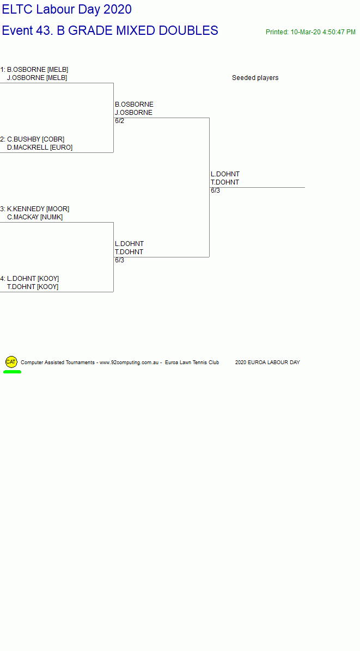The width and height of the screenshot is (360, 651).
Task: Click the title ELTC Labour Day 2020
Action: pos(67,10)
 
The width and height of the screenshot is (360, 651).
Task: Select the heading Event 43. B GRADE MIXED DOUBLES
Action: pos(110,30)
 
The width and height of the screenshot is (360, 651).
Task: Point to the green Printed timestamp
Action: pos(310,32)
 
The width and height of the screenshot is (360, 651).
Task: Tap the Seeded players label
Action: pos(255,78)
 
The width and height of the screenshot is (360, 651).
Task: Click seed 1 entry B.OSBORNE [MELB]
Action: pos(38,70)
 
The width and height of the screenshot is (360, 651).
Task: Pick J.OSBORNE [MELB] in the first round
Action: pos(37,78)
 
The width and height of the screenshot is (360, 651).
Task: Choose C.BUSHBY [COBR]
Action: pos(36,139)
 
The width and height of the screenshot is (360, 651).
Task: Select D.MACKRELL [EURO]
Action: pos(39,148)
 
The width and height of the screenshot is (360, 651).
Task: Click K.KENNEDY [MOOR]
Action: pos(38,209)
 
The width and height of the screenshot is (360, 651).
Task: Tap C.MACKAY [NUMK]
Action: pos(35,217)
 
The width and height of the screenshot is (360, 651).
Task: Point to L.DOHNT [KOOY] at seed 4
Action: pos(33,279)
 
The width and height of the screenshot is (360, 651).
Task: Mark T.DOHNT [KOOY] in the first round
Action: pos(32,287)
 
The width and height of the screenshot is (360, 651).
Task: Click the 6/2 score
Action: pos(120,121)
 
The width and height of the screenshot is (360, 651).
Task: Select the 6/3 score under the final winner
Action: pos(216,191)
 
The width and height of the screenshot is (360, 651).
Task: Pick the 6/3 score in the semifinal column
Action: pos(120,260)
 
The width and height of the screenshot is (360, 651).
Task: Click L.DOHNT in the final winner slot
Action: pos(225,174)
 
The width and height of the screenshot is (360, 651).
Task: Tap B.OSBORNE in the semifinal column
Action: pos(134,104)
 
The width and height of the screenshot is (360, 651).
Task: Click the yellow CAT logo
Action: pos(11,362)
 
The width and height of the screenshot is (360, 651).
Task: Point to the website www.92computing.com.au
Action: pos(129,363)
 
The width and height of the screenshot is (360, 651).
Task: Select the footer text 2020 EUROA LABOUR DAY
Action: pos(267,363)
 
